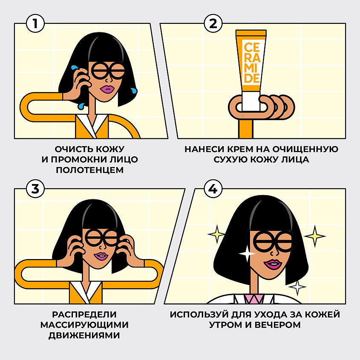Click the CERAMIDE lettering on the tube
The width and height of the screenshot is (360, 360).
251,62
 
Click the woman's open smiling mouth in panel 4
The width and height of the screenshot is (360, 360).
272,265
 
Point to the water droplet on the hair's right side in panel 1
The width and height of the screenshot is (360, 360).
134,90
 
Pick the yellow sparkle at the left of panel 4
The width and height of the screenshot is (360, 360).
216,234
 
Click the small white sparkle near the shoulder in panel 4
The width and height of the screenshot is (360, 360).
297,288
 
